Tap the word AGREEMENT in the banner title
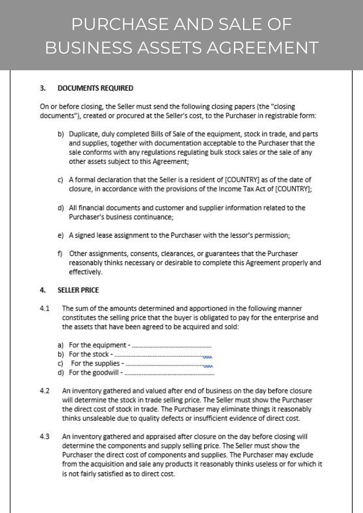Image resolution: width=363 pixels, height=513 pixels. pos(264,48)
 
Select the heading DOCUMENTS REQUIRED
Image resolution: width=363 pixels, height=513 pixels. pos(95,88)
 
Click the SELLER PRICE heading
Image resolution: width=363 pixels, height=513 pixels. pos(78,290)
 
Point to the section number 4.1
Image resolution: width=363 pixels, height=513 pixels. pos(44,308)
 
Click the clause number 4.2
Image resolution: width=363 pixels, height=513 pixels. pos(44,391)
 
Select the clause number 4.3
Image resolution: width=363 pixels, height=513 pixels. pos(44,436)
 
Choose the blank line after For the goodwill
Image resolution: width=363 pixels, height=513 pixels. pos(169,373)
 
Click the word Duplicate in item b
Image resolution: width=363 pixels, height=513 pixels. pos(83,134)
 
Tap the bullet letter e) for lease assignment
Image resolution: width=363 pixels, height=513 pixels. pos(60,235)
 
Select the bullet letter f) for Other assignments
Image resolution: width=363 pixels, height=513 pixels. pos(60,253)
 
